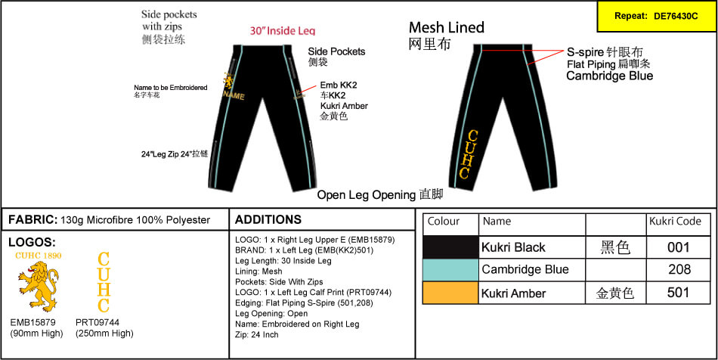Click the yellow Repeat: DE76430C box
655,16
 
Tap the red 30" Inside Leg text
283,31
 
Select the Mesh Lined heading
446,28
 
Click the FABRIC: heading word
32,219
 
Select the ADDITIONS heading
268,219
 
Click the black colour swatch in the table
450,247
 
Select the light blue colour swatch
450,270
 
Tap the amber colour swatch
450,293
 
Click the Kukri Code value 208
679,270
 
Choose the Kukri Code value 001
679,247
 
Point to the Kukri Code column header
675,222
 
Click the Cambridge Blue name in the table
525,270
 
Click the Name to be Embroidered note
170,88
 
